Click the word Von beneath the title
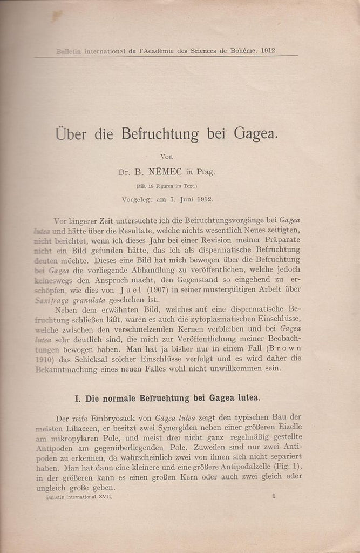(167, 157)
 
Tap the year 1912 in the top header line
(268, 51)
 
